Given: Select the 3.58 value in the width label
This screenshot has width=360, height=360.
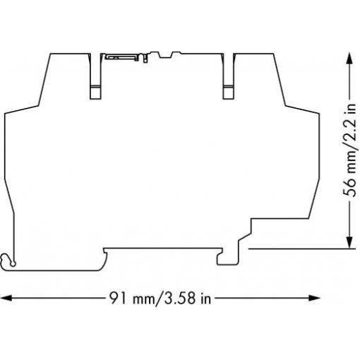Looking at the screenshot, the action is coord(180,298).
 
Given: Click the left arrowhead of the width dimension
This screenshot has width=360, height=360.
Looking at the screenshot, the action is coord(6,298).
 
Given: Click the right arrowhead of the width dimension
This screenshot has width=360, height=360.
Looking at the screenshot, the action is coord(314,298).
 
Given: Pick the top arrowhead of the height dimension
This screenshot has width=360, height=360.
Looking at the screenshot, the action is coord(349,58).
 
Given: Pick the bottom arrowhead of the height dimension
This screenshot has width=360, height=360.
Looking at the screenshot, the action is coord(349,242).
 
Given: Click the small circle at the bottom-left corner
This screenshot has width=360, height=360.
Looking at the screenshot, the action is coord(13,264).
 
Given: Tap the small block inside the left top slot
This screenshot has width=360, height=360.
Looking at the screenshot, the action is coord(95,92).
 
